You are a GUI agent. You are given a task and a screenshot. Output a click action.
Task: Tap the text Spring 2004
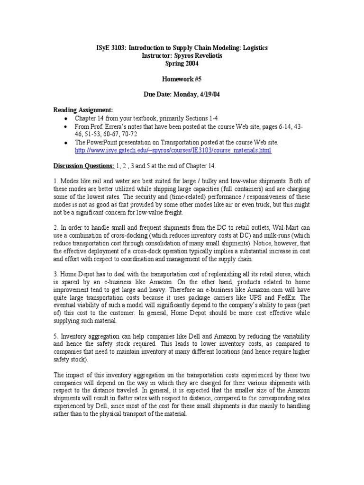[182, 63]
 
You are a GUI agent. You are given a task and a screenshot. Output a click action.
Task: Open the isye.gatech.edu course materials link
[173, 150]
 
